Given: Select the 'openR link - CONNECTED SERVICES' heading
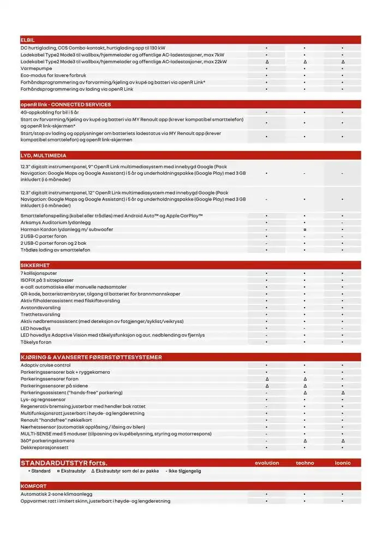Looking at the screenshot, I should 65,104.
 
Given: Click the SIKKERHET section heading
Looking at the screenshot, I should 35,265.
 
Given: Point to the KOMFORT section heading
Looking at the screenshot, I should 33,486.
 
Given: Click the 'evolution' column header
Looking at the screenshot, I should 267,463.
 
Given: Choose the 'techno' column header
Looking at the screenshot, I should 305,463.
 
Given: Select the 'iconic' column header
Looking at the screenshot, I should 343,463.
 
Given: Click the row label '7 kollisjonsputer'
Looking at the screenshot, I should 39,273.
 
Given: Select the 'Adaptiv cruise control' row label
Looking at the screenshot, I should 46,365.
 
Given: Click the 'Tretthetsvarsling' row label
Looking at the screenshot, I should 40,314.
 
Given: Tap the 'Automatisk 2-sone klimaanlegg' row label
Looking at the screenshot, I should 56,494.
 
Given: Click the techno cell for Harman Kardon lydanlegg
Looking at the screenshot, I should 305,230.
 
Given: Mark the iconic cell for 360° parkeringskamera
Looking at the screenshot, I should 343,440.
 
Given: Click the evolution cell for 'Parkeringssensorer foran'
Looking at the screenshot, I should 266,379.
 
